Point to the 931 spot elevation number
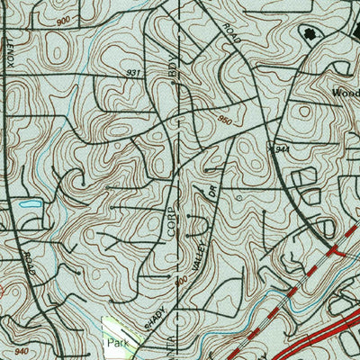(134, 71)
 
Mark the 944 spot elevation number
(281, 148)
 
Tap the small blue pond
(30, 205)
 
